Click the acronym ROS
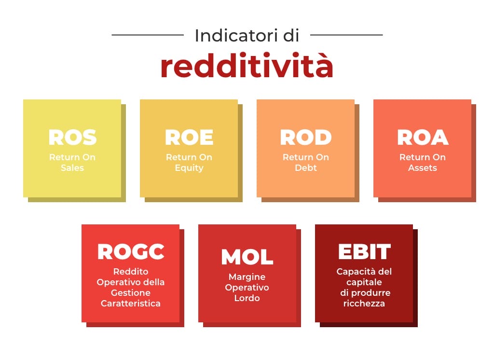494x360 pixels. click(x=72, y=138)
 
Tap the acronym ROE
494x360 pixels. click(x=189, y=138)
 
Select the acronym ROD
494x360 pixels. click(x=306, y=138)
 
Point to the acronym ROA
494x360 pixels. click(x=423, y=138)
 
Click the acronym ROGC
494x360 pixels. click(x=131, y=251)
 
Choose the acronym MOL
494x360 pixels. click(x=247, y=257)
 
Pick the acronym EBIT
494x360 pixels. click(x=364, y=251)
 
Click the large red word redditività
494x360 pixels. click(x=247, y=67)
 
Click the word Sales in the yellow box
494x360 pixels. click(x=72, y=168)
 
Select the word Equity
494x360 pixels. click(x=189, y=168)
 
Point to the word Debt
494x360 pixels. click(x=306, y=168)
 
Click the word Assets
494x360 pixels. click(x=423, y=168)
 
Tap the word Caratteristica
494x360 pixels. click(x=131, y=304)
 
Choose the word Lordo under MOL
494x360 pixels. click(x=247, y=298)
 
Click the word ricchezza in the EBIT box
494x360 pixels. click(x=364, y=304)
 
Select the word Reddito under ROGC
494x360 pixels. click(x=131, y=272)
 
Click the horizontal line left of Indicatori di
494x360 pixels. click(x=148, y=35)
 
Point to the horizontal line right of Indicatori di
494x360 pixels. click(x=346, y=35)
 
